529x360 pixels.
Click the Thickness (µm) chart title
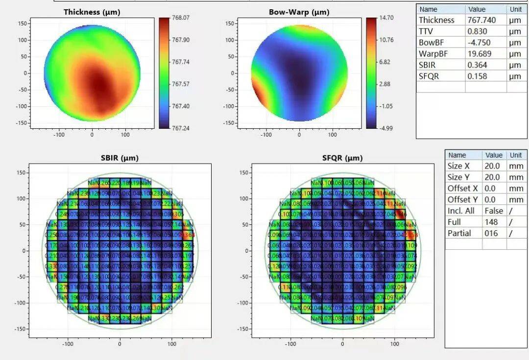(92, 12)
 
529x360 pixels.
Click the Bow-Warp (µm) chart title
(299, 12)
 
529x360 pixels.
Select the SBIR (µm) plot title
(120, 158)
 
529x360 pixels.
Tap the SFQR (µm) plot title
(342, 158)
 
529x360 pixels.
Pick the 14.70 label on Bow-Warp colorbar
(386, 18)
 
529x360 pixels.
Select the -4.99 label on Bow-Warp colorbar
(386, 128)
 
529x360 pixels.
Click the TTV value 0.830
(477, 31)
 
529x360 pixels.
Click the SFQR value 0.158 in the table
(477, 76)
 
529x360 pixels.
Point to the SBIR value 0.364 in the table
(477, 65)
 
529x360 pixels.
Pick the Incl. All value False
(493, 211)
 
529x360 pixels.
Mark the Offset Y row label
(462, 199)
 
